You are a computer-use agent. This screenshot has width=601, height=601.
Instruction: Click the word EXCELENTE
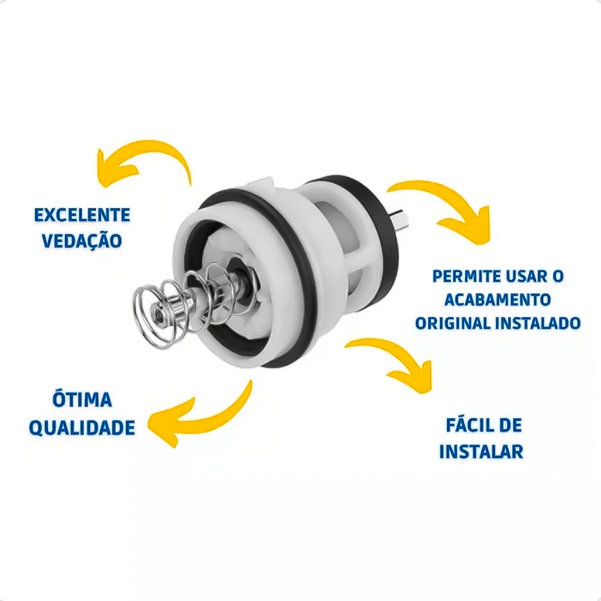pos(82,215)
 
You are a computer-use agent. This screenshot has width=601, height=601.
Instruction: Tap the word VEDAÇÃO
pos(82,241)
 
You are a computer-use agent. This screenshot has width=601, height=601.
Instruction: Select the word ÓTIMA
pos(82,400)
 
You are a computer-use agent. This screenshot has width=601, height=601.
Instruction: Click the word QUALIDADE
pos(82,427)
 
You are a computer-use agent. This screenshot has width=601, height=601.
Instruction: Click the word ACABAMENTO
pos(498,300)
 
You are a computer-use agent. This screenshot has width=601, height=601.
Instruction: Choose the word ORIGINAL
pos(453,323)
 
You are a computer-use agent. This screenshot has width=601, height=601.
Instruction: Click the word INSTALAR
pos(481,451)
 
